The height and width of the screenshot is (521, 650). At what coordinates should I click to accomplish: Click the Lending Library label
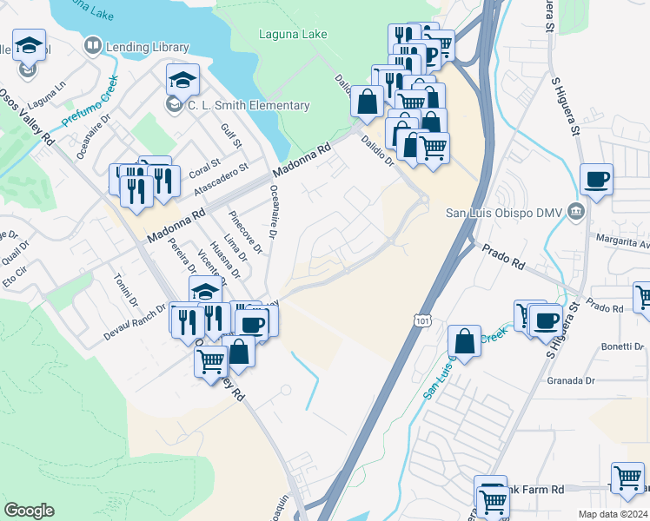click(x=147, y=46)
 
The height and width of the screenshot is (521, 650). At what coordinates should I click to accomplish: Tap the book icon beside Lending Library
click(x=92, y=45)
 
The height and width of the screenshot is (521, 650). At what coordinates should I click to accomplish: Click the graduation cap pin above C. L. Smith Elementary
click(x=183, y=81)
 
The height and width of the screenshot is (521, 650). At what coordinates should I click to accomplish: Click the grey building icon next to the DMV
click(x=575, y=212)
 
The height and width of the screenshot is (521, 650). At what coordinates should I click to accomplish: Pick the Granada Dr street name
click(x=570, y=380)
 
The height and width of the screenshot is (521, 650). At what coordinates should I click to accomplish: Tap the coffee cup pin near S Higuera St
click(x=596, y=180)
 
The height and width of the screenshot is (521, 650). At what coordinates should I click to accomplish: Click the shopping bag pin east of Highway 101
click(x=465, y=341)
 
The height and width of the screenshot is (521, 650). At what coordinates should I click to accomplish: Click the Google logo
click(x=29, y=511)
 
